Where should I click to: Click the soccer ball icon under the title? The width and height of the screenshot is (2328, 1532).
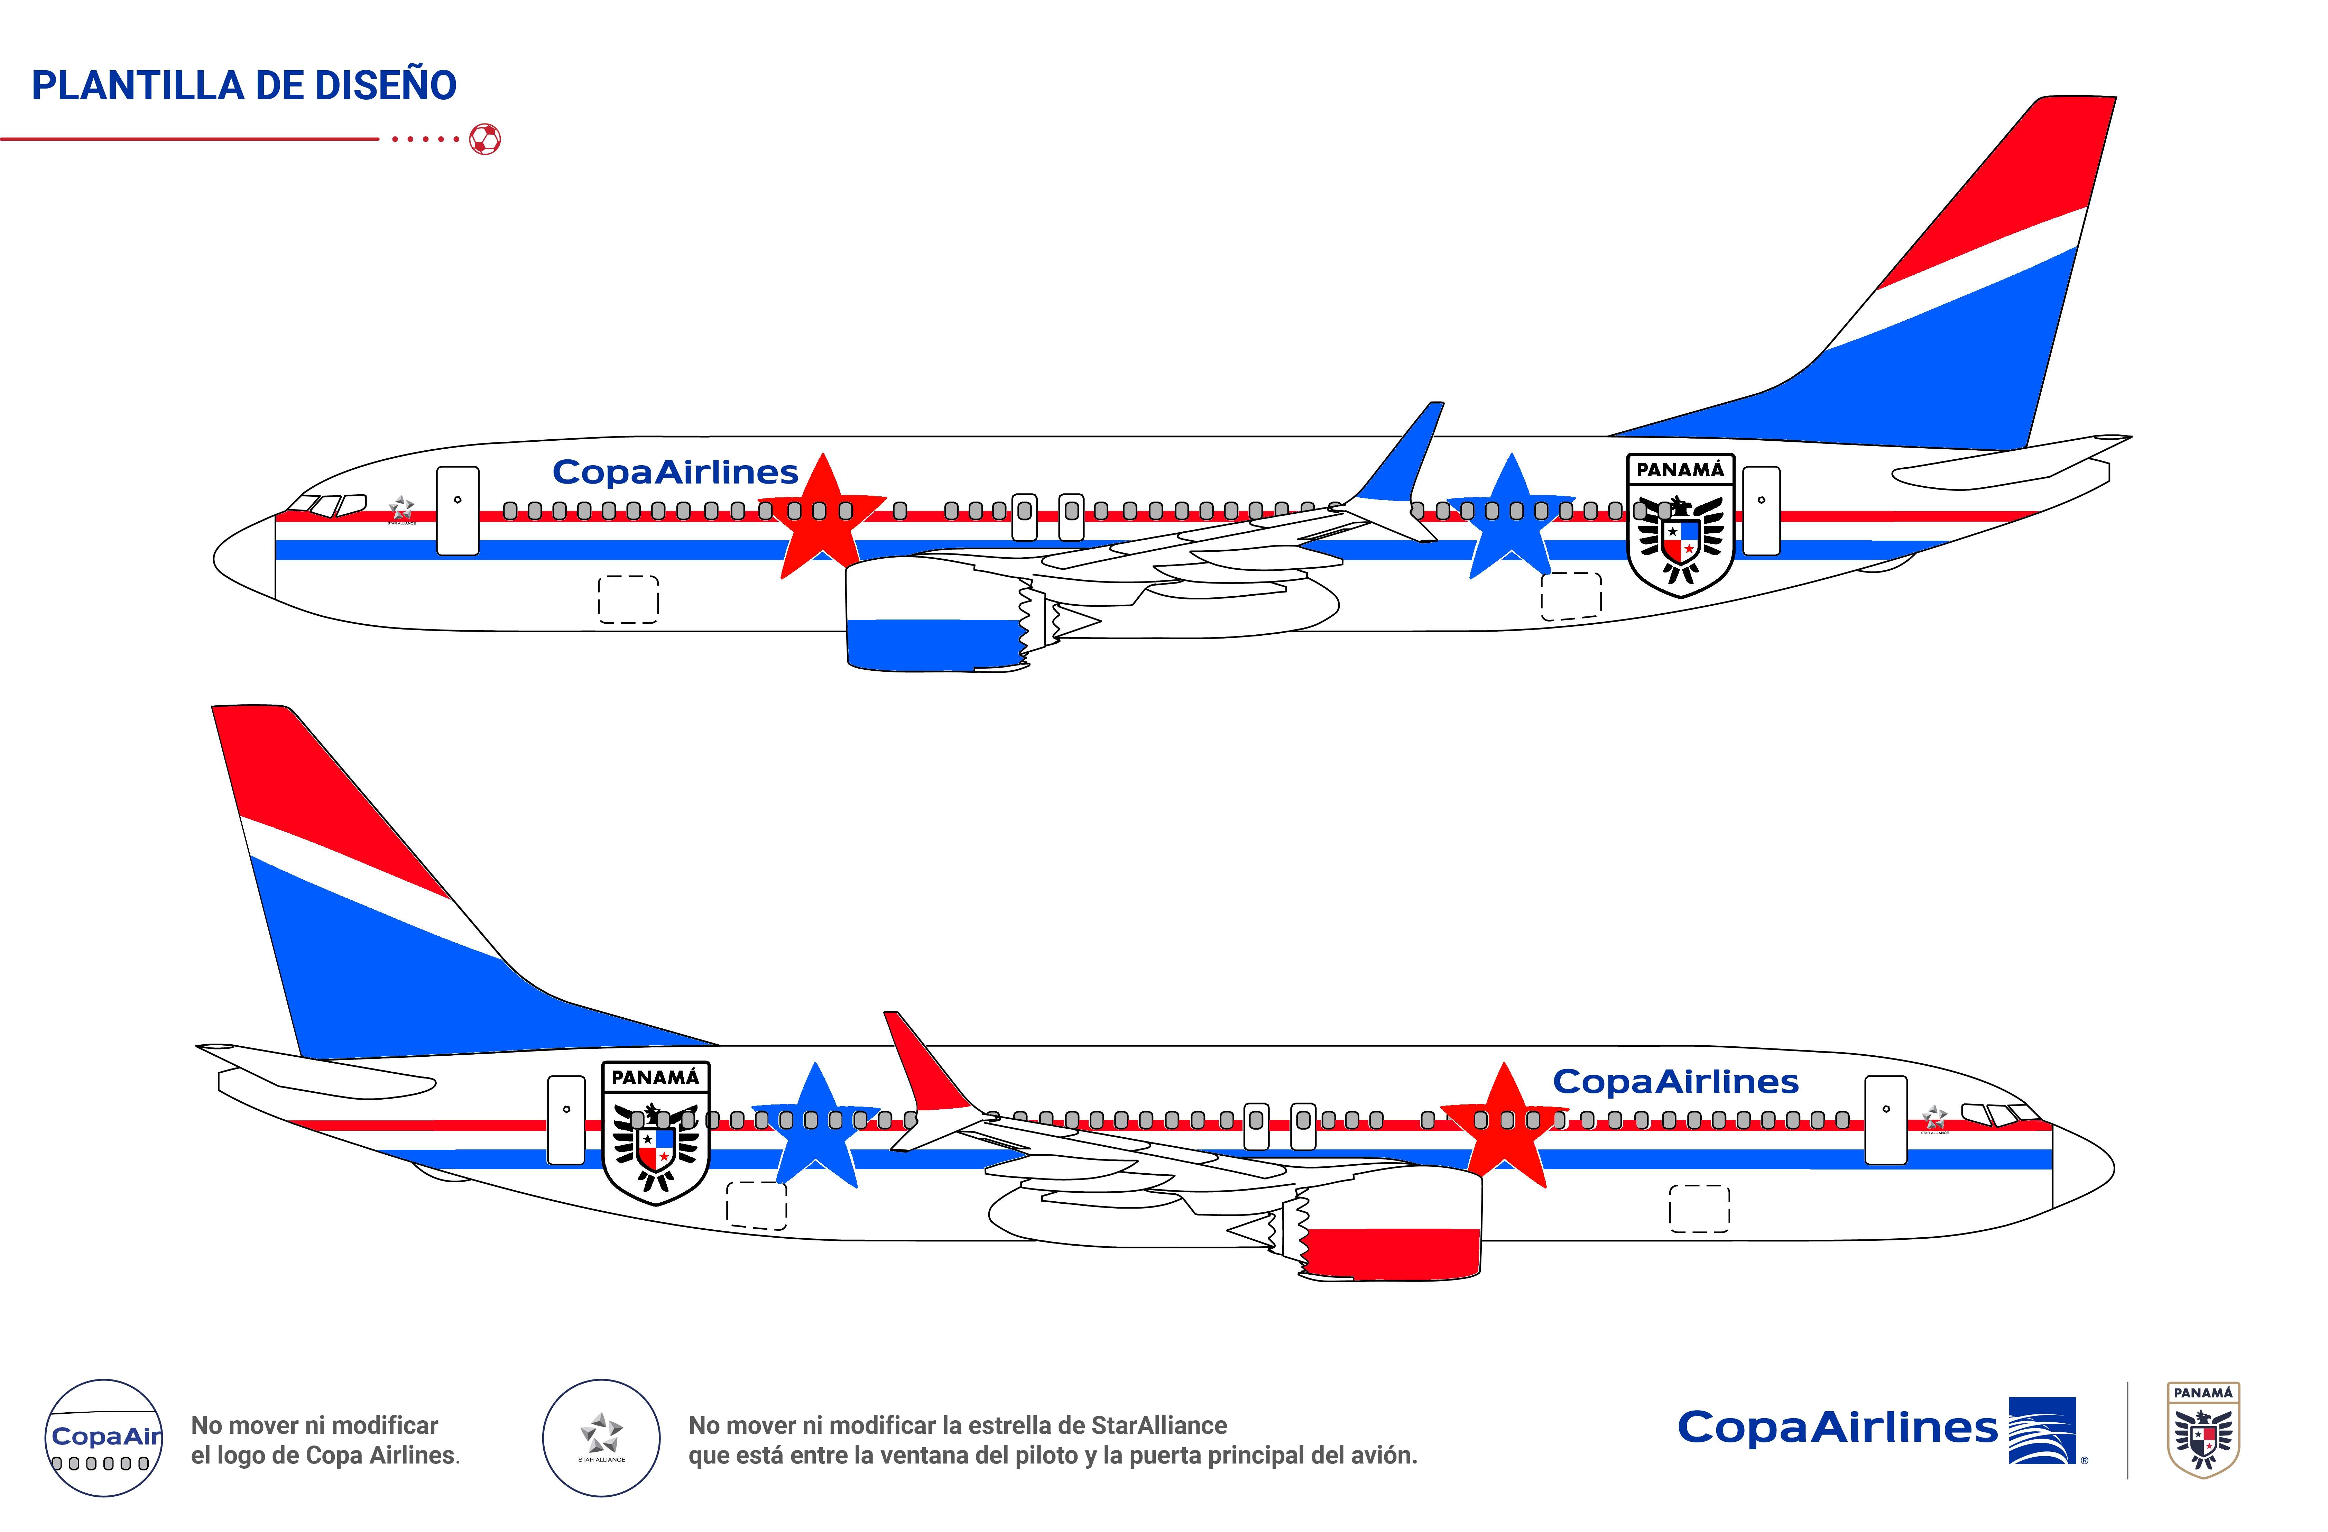(485, 139)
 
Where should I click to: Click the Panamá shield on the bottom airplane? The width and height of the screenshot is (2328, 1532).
(655, 1133)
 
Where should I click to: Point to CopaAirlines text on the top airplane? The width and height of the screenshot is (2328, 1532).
(675, 473)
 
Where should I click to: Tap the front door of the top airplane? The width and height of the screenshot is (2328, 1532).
(458, 511)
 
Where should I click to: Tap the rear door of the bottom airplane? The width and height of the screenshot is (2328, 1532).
(566, 1120)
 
